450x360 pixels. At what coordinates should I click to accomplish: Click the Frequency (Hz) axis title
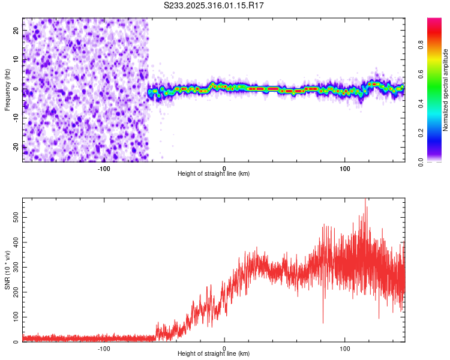coord(7,89)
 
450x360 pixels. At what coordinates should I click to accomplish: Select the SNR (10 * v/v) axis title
coord(7,270)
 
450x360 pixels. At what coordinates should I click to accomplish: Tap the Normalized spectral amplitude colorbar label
coord(445,90)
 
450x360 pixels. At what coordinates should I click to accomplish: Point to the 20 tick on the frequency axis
coord(16,30)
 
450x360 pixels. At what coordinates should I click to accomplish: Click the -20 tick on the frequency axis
coord(15,147)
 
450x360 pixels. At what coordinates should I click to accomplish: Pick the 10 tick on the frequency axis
coord(16,59)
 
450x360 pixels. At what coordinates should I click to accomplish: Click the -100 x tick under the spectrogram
coord(104,167)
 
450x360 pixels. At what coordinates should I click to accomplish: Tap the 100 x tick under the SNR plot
coord(345,348)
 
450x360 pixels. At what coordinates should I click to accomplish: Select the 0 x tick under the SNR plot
coord(224,348)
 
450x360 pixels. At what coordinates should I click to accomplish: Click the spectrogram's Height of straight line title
coord(214,174)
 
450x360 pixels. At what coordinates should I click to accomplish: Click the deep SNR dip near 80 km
coord(323,322)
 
